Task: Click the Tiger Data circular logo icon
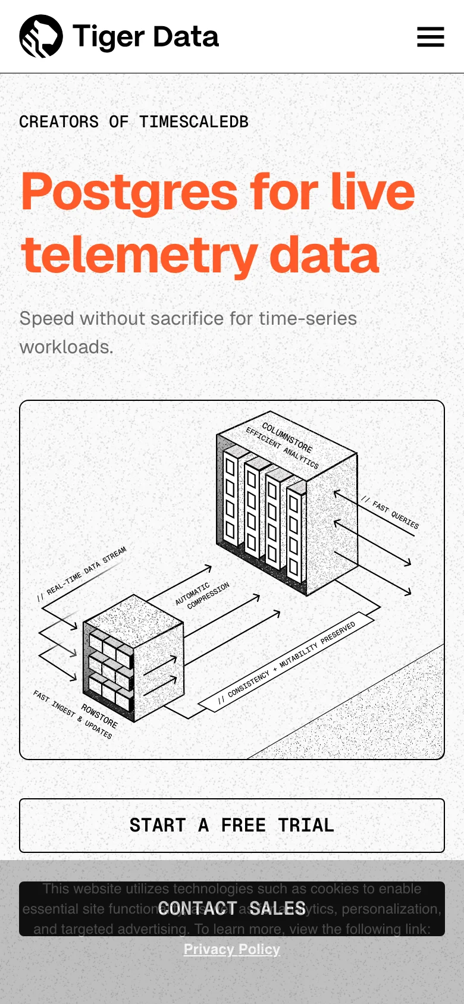(x=41, y=36)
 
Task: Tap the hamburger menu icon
(x=430, y=37)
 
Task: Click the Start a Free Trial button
(x=232, y=825)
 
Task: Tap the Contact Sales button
(x=232, y=908)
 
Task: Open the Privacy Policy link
(x=232, y=949)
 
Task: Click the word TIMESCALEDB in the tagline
(x=194, y=122)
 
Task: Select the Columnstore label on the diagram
(x=287, y=437)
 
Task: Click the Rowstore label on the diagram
(x=99, y=716)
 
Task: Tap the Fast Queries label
(x=395, y=514)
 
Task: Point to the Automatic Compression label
(x=202, y=595)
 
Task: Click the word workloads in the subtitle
(x=66, y=347)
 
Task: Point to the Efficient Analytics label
(x=282, y=447)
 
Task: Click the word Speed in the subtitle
(x=47, y=319)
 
